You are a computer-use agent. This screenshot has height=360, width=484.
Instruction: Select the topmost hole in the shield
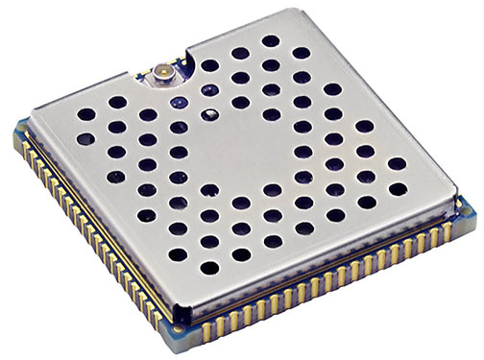(x=271, y=41)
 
